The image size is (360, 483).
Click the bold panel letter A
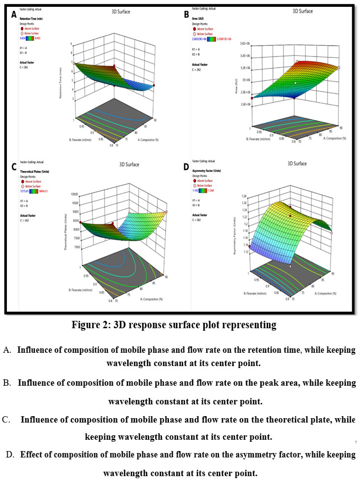pyautogui.click(x=14, y=15)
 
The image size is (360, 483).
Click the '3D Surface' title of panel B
pyautogui.click(x=303, y=10)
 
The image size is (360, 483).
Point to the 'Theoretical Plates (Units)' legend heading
pyautogui.click(x=34, y=171)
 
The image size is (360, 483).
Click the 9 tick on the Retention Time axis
pyautogui.click(x=72, y=44)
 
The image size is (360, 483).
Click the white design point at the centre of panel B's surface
pyautogui.click(x=295, y=84)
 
